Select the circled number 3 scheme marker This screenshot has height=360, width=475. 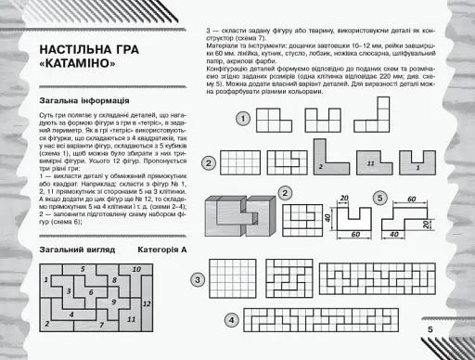coord(198,279)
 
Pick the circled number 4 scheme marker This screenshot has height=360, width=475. coord(230,319)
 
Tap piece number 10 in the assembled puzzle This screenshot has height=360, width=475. coord(137,269)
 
